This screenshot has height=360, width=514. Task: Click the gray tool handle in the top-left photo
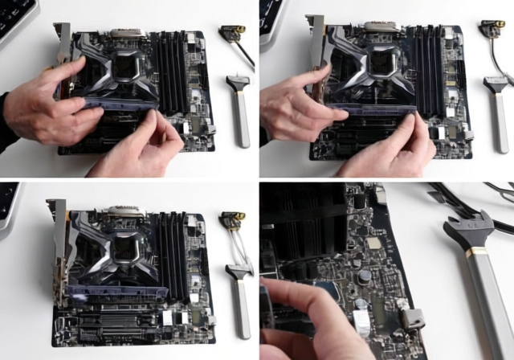pyautogui.click(x=241, y=121)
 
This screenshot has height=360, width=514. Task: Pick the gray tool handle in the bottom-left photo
pyautogui.click(x=242, y=309)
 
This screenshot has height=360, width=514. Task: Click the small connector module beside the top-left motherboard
pyautogui.click(x=234, y=33)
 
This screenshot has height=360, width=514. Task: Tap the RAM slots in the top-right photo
pyautogui.click(x=426, y=68)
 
